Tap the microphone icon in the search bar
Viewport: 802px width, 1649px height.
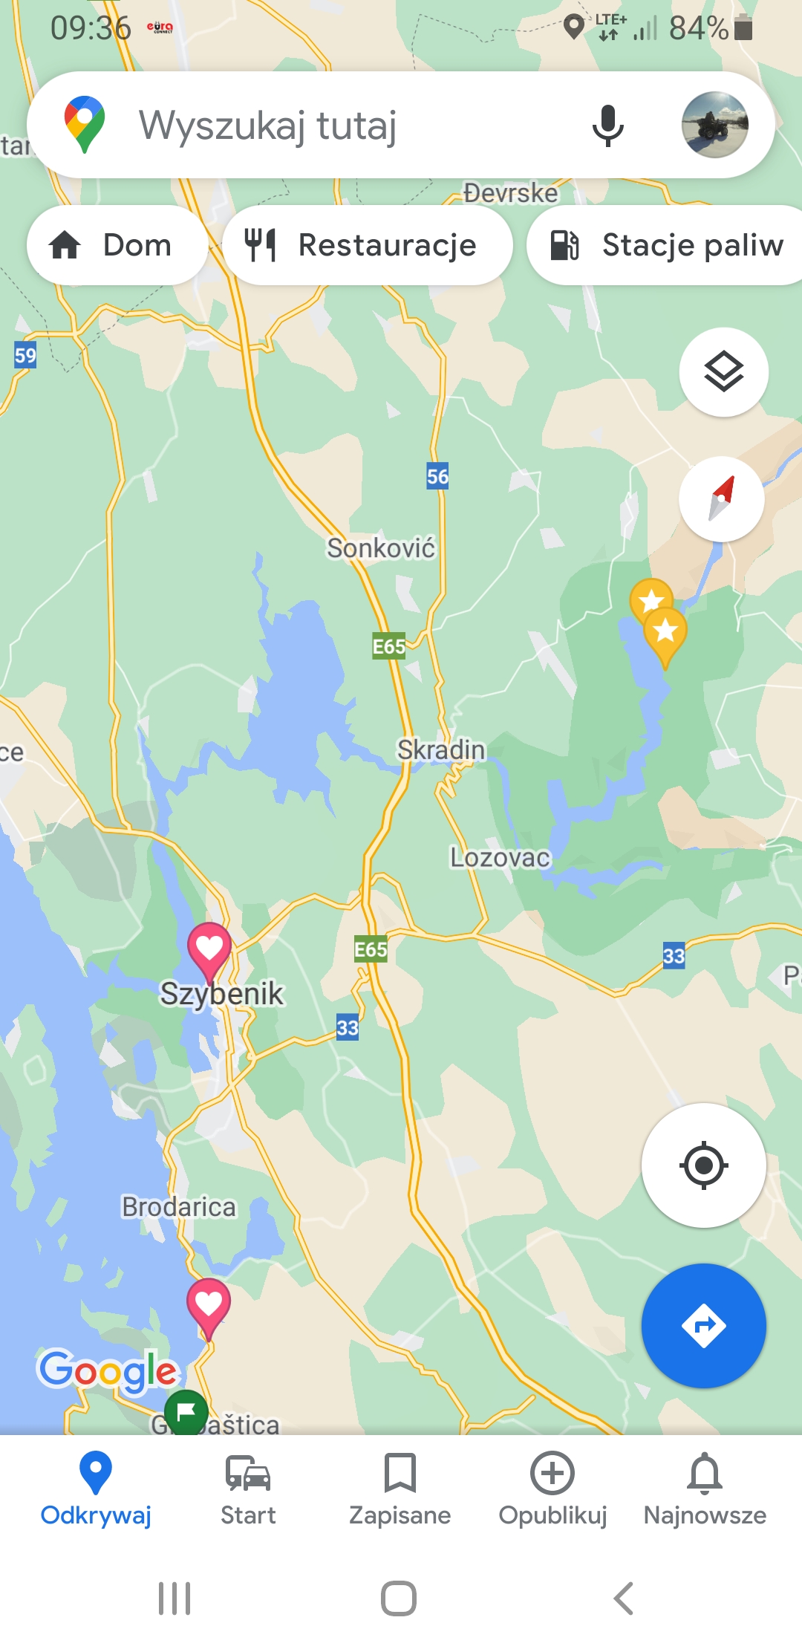coord(607,126)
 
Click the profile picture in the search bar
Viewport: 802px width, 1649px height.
coord(714,125)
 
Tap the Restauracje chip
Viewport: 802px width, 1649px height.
coord(368,245)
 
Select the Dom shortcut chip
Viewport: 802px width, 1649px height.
coord(117,245)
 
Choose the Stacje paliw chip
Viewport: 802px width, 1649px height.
coord(668,245)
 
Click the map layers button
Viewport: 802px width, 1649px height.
coord(723,371)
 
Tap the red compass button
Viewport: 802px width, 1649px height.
coord(721,499)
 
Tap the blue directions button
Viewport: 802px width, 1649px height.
coord(703,1326)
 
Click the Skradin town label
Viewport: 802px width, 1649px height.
coord(441,749)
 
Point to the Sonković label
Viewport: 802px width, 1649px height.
coord(381,548)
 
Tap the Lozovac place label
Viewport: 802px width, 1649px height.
coord(500,858)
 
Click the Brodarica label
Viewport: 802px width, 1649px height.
coord(179,1207)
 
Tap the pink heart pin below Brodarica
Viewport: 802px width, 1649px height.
coord(209,1304)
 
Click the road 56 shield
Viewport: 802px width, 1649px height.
coord(437,476)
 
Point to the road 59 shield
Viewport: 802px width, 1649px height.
coord(25,355)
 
